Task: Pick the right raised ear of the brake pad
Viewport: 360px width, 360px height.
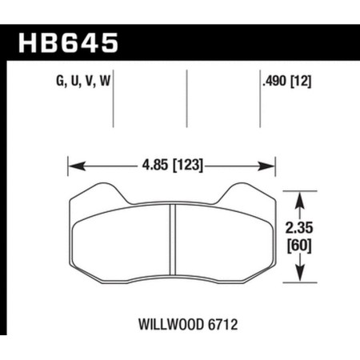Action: point(246,192)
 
